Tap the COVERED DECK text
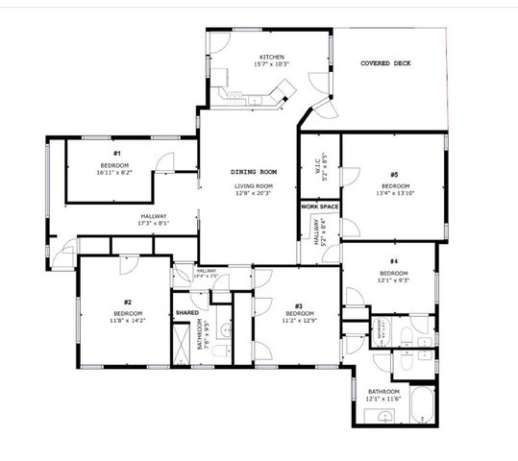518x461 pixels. tap(385, 63)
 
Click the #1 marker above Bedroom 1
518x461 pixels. tap(116, 153)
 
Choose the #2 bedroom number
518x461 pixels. tap(128, 302)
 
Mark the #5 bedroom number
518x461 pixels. tap(395, 174)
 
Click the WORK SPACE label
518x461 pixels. tap(319, 206)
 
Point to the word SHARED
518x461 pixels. tap(186, 313)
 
